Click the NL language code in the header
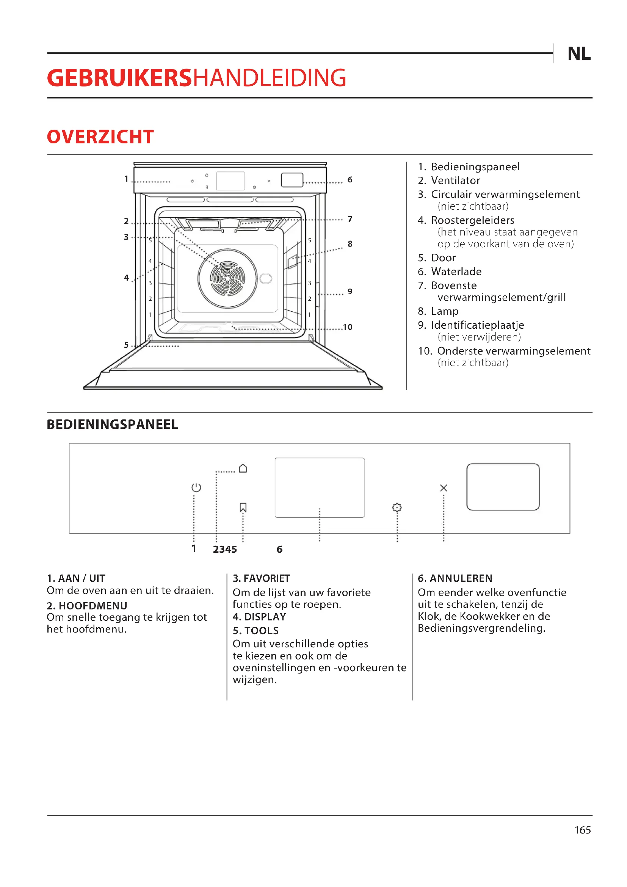pos(579,54)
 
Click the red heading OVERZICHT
pos(100,137)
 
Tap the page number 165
pos(582,830)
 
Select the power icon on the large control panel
pos(196,488)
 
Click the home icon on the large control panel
pos(243,468)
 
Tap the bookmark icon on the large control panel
pos(243,507)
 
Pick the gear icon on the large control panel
pos(397,507)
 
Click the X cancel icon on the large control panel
pos(444,488)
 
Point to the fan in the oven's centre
pos(227,278)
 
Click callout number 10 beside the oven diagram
pos(348,327)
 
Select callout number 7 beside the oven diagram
pos(350,220)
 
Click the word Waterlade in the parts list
pos(456,272)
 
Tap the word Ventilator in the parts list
pos(455,181)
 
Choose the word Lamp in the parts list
pos(445,311)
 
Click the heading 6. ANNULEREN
pos(455,578)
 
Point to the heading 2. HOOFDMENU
pos(87,605)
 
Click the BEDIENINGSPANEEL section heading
pos(112,424)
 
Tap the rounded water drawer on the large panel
pos(503,487)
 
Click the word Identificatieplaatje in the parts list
pos(477,325)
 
